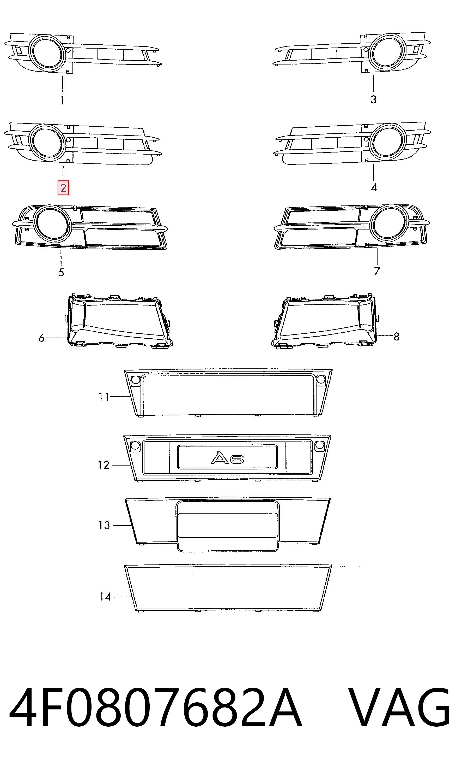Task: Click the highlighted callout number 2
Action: click(x=63, y=188)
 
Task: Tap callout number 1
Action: click(x=62, y=100)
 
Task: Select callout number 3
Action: click(x=374, y=99)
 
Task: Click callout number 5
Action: click(x=61, y=272)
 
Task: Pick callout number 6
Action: click(x=41, y=338)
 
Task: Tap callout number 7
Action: click(x=377, y=271)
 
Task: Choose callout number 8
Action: click(x=396, y=337)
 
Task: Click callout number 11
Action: click(x=104, y=397)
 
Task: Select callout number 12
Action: click(x=104, y=465)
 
